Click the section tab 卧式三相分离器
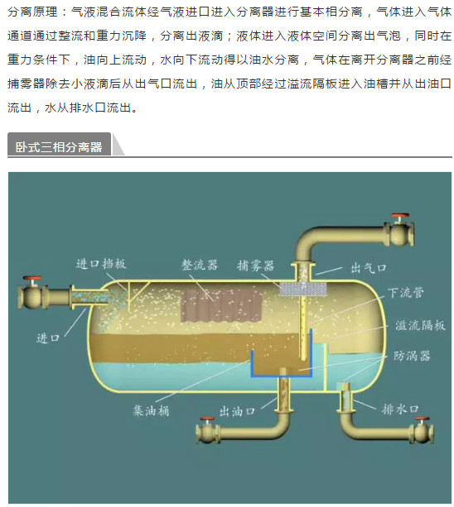(59, 146)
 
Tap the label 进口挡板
(101, 264)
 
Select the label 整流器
(200, 265)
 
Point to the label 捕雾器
(255, 265)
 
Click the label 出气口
(369, 268)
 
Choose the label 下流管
(406, 293)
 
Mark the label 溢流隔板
(420, 325)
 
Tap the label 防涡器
(412, 356)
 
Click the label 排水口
(400, 409)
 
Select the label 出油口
(237, 412)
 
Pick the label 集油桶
(151, 410)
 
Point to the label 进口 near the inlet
(48, 338)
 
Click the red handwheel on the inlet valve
(31, 279)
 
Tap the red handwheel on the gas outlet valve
(400, 216)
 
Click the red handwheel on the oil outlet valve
(207, 419)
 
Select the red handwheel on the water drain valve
(423, 419)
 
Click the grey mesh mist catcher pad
(302, 289)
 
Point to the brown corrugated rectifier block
(221, 305)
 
